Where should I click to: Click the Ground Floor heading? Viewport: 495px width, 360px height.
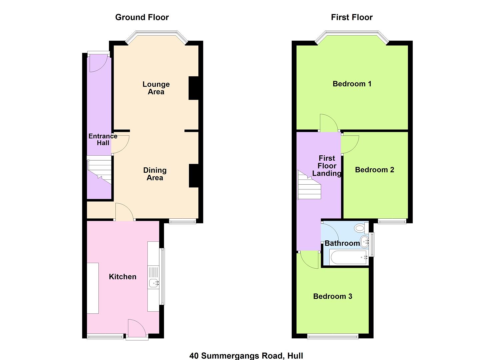(142, 17)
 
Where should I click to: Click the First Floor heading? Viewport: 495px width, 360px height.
(352, 17)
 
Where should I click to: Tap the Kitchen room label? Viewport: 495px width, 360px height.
(123, 277)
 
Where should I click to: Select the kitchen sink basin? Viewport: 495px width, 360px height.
(154, 283)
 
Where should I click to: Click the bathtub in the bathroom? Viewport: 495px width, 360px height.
(348, 257)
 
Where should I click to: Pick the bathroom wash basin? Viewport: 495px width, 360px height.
(365, 242)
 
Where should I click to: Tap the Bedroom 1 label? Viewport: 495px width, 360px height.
(352, 84)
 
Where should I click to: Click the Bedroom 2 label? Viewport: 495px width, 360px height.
(375, 170)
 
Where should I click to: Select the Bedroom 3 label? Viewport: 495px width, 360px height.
(333, 296)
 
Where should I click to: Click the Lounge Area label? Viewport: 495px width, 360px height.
(156, 88)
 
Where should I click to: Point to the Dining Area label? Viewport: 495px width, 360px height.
(155, 174)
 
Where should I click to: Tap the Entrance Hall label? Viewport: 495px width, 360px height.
(103, 139)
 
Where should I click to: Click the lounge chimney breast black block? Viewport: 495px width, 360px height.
(194, 88)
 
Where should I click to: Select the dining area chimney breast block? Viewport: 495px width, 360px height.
(194, 176)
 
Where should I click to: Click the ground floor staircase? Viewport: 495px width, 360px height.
(99, 170)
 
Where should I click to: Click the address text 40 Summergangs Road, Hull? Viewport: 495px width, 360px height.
(246, 356)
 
